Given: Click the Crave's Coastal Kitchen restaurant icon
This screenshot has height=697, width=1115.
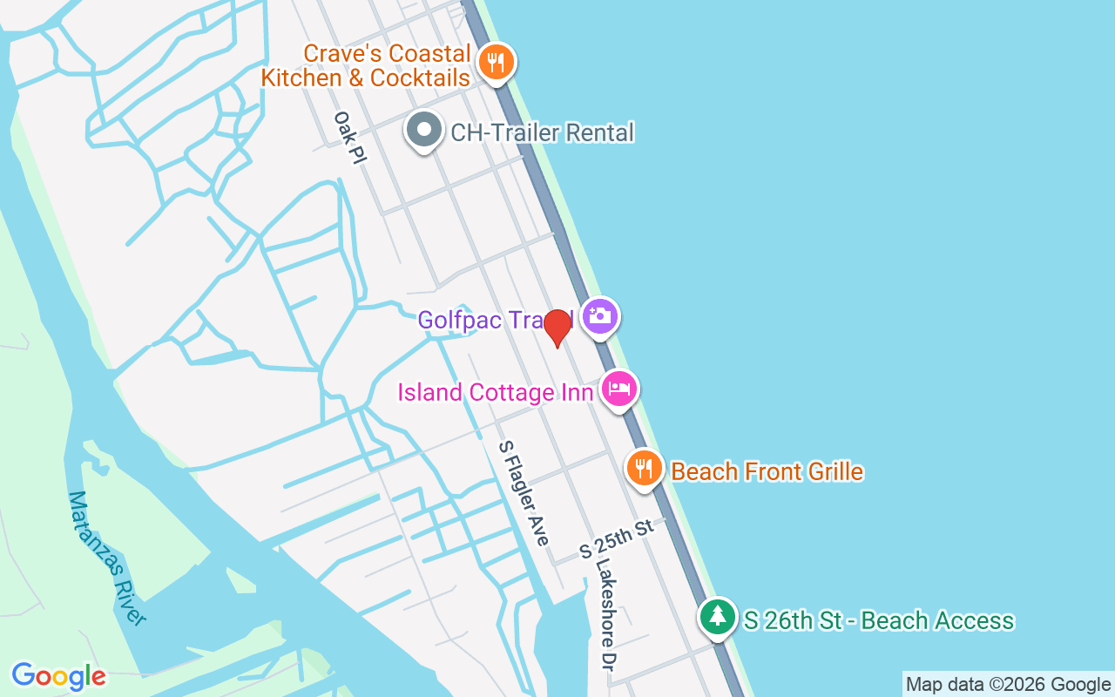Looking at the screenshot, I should click(496, 63).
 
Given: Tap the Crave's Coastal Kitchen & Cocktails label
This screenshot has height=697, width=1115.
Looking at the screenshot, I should click(366, 65).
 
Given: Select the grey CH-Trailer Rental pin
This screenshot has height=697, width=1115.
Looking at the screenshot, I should click(424, 131).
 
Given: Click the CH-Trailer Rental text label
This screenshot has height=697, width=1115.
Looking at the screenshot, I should click(542, 132).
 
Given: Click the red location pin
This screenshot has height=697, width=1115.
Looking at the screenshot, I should click(557, 328).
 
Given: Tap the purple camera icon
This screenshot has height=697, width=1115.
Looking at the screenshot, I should click(599, 315).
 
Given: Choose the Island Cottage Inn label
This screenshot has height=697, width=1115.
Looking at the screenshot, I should click(495, 392).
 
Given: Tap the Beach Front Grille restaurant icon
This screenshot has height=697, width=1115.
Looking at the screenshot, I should click(644, 469).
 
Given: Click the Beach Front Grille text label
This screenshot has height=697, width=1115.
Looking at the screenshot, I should click(767, 471).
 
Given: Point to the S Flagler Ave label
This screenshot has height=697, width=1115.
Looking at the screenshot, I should click(524, 493).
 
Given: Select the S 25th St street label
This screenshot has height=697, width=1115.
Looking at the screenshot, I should click(616, 539).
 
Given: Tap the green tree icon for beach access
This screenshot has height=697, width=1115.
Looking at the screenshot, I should click(717, 616).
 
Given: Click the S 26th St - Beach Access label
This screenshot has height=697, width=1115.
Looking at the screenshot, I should click(878, 620).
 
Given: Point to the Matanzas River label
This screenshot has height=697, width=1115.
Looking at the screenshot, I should click(106, 558).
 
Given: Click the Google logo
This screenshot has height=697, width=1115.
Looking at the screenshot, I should click(58, 675).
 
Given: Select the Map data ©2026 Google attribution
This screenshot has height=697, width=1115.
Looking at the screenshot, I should click(1008, 684).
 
